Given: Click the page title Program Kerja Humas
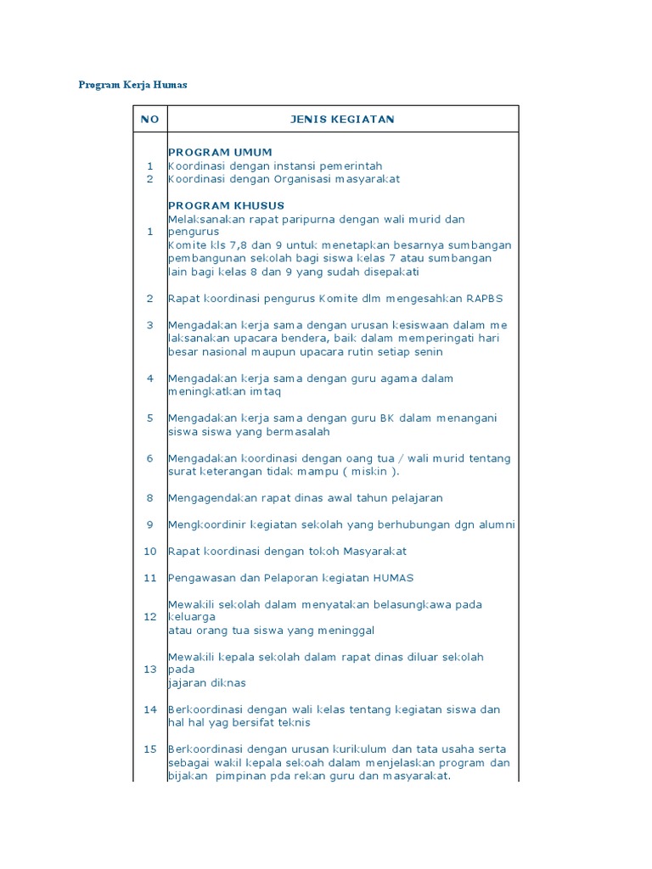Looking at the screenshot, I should point(132,85).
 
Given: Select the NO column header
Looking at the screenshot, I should point(149,120).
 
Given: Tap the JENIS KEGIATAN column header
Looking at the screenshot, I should point(342,120).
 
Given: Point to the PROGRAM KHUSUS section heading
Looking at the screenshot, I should point(226,205).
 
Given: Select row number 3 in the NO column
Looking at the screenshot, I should point(149,325).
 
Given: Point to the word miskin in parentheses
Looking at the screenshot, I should point(371,472).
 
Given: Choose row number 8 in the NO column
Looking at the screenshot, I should point(149,498).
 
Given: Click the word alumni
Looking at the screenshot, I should point(495,524).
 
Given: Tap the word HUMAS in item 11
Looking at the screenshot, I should point(391,578).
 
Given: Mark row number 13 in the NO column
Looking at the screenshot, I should point(149,670).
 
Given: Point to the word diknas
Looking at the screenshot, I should point(227,683).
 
